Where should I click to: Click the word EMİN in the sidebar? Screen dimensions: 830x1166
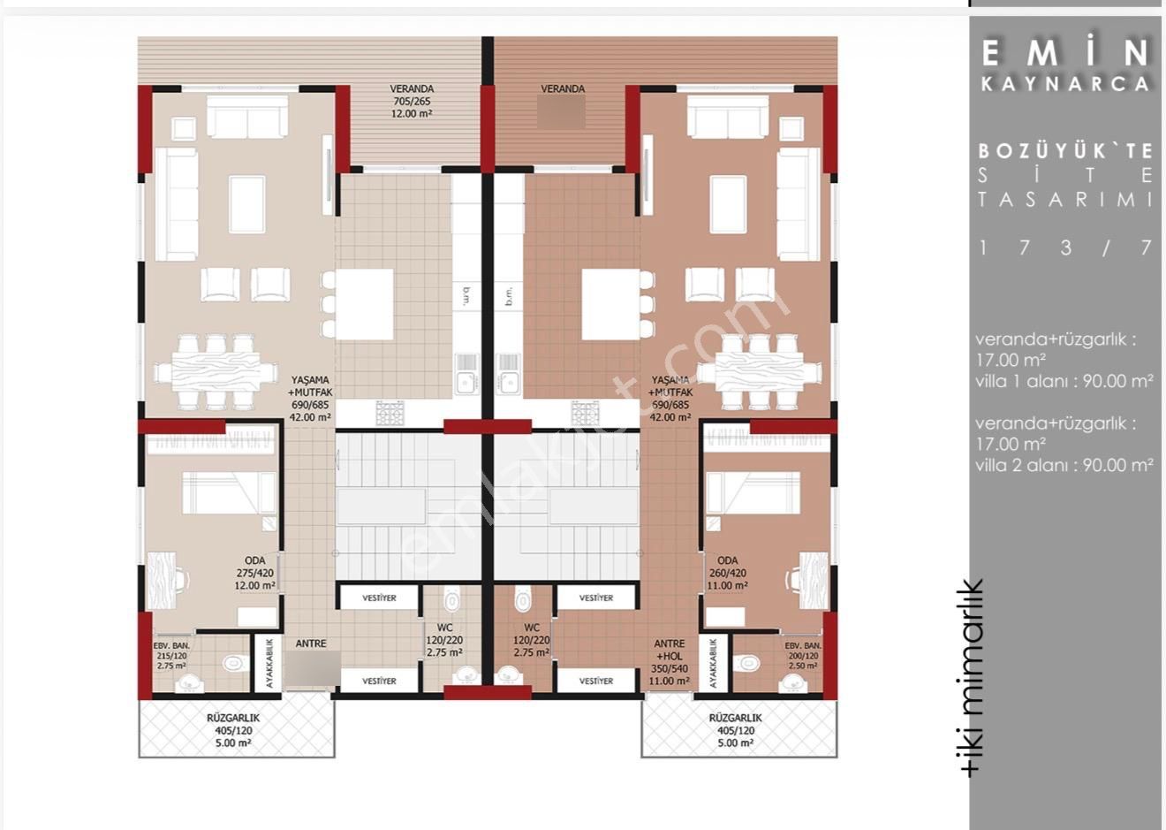click(x=1066, y=53)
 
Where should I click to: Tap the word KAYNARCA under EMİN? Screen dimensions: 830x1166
click(x=1066, y=84)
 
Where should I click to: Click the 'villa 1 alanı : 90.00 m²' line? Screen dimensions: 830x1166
click(x=1064, y=381)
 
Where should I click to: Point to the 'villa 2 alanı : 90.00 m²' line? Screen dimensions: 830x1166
click(x=1064, y=465)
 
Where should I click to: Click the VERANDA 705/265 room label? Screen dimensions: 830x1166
click(x=412, y=101)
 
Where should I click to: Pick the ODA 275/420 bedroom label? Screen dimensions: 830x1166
click(x=255, y=573)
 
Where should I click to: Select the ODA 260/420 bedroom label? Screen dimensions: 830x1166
click(x=727, y=573)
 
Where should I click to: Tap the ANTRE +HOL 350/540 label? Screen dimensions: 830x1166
click(x=670, y=662)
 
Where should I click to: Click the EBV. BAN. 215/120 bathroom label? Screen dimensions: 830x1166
click(x=171, y=656)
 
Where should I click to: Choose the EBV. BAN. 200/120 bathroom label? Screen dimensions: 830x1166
click(x=801, y=656)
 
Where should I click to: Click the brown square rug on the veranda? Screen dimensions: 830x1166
click(x=562, y=112)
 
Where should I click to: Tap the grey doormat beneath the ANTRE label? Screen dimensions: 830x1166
click(x=310, y=670)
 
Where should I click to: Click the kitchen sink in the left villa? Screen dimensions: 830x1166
click(x=465, y=382)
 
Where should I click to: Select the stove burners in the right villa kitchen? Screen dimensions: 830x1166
click(x=585, y=412)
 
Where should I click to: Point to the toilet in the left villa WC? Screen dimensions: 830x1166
click(x=452, y=600)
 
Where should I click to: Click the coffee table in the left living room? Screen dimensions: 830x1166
click(x=246, y=204)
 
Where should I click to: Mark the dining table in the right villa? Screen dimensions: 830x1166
click(x=762, y=371)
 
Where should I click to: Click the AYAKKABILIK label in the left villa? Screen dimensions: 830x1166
click(x=270, y=664)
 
